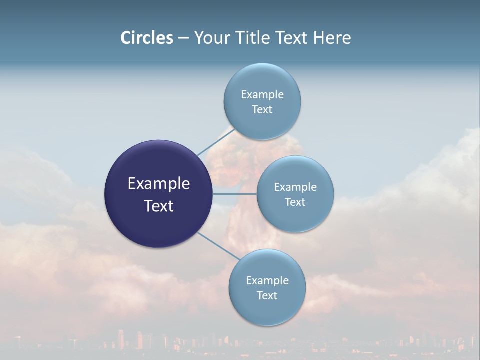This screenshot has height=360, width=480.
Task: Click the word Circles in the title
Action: click(x=146, y=38)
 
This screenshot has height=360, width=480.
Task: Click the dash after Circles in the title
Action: click(x=183, y=38)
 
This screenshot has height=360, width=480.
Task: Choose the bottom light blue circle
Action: click(x=267, y=310)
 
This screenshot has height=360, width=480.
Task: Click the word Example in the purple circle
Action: click(x=159, y=184)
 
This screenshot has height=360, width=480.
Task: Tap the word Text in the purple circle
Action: click(x=159, y=206)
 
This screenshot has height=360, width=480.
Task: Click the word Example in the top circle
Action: click(x=262, y=94)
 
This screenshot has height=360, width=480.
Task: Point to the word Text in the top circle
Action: click(x=262, y=109)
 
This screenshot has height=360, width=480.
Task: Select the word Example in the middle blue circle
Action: click(x=295, y=187)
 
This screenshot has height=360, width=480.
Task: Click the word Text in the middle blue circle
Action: click(x=295, y=202)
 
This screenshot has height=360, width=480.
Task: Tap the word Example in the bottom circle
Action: click(x=267, y=280)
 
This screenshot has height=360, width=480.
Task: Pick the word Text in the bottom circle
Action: click(x=267, y=295)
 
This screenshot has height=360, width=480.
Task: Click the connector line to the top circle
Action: click(x=215, y=141)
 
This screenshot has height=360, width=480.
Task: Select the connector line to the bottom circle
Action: click(x=218, y=246)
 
